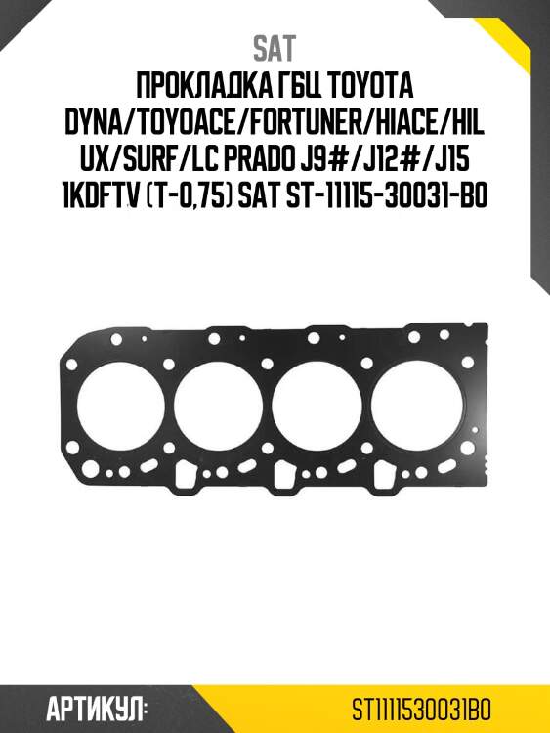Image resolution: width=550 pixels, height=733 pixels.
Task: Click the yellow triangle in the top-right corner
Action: (523, 24)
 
